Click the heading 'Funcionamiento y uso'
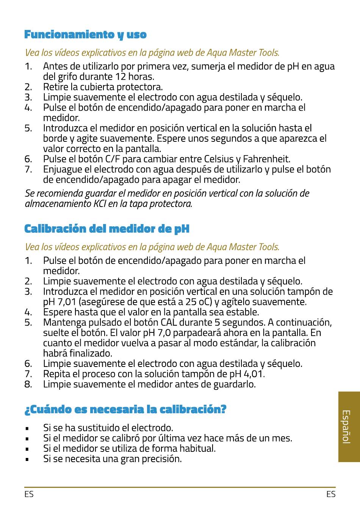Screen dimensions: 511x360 (85, 34)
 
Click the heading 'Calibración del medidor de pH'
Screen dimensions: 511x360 (107, 229)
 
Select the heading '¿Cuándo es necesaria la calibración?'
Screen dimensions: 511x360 (125, 409)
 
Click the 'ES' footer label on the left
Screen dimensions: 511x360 (29, 494)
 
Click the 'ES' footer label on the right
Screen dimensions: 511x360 (330, 494)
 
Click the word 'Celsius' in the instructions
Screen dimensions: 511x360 (219, 159)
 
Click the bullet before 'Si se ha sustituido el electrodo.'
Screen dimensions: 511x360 (27, 428)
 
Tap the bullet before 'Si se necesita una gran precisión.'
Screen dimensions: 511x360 (27, 459)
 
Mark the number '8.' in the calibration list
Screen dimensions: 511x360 (28, 384)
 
